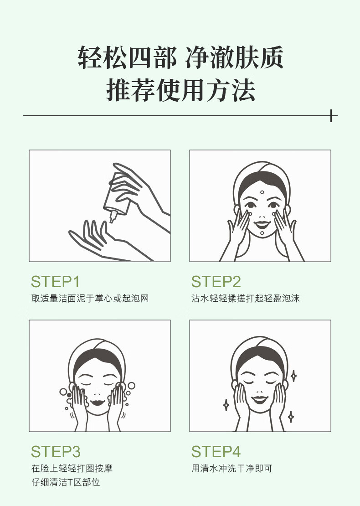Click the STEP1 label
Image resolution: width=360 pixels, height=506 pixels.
pos(55,281)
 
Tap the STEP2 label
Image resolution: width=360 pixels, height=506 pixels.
pos(216,281)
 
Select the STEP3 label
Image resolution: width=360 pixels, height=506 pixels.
pos(56,451)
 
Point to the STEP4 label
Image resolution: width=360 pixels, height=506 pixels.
pos(216,451)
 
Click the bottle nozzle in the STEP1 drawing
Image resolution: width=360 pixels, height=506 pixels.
pos(113,216)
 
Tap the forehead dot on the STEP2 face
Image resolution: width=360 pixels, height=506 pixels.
pos(262,192)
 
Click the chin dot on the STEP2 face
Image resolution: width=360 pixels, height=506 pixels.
pos(262,233)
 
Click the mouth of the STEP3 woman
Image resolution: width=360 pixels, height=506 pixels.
pos(98,403)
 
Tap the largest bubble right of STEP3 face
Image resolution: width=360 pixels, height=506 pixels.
pos(131,385)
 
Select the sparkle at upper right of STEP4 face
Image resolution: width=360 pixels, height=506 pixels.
pos(293,376)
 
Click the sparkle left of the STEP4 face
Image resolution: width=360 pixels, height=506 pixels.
pos(226,405)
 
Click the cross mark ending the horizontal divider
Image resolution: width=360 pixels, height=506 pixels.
pos(331,115)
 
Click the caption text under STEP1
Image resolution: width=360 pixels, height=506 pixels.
pos(90,298)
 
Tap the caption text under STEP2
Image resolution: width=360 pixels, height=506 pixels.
pos(246,298)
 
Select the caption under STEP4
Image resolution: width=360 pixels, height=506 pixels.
pos(232,468)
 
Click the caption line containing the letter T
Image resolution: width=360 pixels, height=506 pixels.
pos(66,482)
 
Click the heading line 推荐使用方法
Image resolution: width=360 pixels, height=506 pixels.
pos(181,89)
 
